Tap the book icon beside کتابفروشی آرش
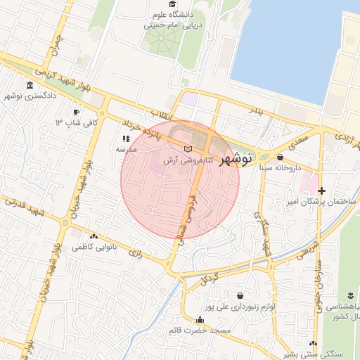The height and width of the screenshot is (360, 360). point(187,149)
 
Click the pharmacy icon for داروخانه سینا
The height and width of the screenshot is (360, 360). point(281,157)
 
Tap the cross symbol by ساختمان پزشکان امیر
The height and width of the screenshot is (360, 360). point(321,191)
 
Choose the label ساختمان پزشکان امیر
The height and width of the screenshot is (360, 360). point(317,202)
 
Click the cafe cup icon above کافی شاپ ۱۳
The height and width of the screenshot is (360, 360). point(77,112)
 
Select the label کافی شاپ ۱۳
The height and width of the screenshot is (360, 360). point(77,123)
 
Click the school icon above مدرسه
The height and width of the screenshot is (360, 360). point(126,139)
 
